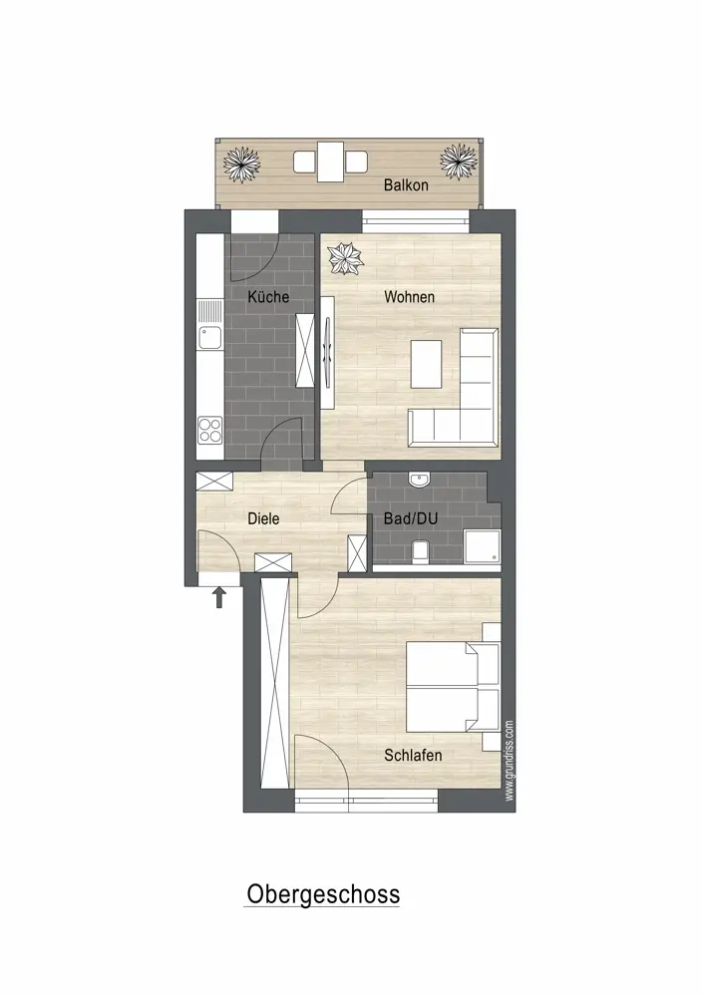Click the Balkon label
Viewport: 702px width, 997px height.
[x=406, y=185]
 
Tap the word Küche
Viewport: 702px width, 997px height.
[x=268, y=296]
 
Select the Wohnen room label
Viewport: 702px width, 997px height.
[x=410, y=296]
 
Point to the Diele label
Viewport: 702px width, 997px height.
[x=263, y=518]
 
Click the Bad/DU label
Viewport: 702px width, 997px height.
[x=411, y=518]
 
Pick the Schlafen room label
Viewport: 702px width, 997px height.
[x=413, y=755]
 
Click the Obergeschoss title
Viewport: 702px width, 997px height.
[x=323, y=893]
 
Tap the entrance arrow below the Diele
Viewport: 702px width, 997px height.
[x=219, y=597]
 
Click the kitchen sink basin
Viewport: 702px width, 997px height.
[x=209, y=337]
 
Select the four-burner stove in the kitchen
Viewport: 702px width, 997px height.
[x=209, y=430]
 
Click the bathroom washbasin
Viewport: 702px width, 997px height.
[x=420, y=480]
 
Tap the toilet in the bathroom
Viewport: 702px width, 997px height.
[x=420, y=551]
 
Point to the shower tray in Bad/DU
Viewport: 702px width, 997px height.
[x=482, y=546]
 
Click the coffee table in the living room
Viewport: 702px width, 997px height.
[x=426, y=364]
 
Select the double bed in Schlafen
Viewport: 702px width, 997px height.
[x=453, y=687]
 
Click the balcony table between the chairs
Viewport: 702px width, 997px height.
[x=331, y=162]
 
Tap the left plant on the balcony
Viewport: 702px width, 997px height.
[x=241, y=165]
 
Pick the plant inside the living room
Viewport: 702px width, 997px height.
[x=345, y=259]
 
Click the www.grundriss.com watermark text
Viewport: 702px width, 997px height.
[x=509, y=761]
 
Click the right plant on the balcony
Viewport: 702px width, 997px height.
[x=459, y=162]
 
